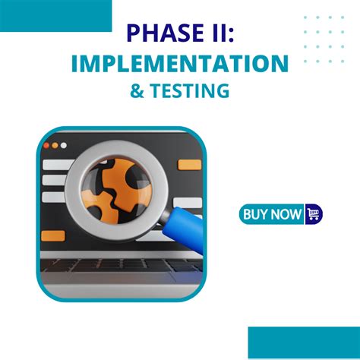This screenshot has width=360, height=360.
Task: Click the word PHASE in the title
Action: (157, 34)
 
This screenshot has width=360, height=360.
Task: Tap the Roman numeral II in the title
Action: (217, 34)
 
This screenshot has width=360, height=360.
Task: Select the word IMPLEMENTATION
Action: (180, 63)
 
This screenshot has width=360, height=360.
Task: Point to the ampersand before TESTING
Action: (137, 91)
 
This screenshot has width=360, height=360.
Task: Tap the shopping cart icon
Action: (313, 214)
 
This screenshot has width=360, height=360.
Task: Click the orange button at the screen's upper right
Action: (189, 165)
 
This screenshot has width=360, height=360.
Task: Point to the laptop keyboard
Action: (122, 267)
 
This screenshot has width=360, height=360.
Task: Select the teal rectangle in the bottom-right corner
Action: (304, 343)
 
